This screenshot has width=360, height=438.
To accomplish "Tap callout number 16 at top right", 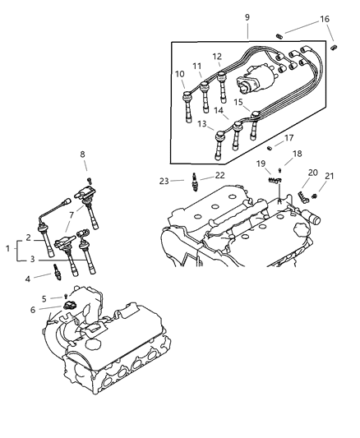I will click(325, 20).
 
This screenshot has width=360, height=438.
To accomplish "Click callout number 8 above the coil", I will click(82, 154).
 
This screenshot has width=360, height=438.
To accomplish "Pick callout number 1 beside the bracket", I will click(9, 247).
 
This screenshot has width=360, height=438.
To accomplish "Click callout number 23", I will click(164, 180).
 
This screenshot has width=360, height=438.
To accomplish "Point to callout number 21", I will click(330, 176).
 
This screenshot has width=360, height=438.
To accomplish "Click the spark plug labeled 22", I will click(195, 180).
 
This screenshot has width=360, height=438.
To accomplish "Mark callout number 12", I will click(217, 57).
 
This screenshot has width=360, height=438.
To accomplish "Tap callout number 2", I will click(29, 237).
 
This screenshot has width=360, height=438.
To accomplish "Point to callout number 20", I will click(312, 173).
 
